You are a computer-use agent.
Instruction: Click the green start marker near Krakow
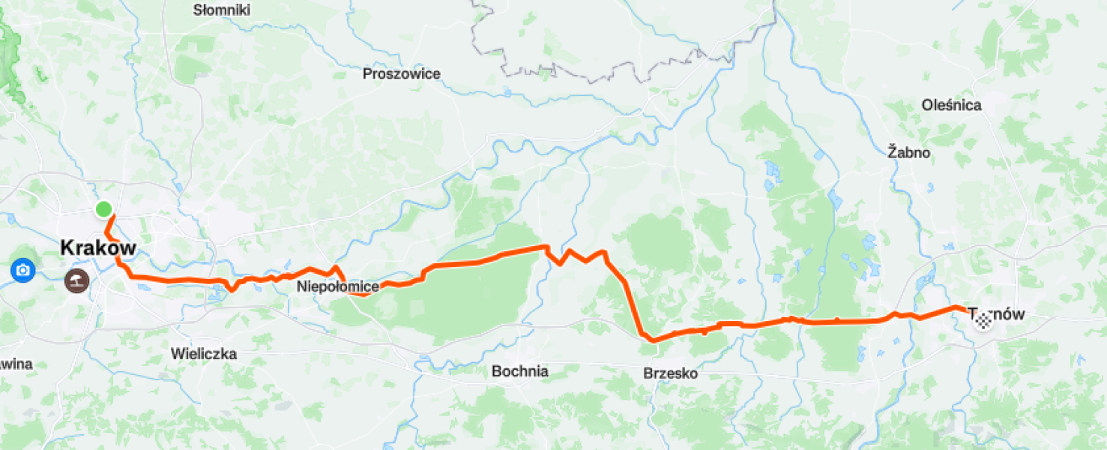[103, 208]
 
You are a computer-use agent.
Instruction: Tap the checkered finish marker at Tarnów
[983, 321]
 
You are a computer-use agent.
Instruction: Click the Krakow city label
[98, 247]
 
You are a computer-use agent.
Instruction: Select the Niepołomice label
[337, 286]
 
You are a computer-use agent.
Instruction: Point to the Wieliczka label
[204, 353]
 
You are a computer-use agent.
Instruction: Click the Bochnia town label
[519, 371]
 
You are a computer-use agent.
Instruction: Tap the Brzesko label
[670, 373]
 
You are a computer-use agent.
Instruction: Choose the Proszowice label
[401, 73]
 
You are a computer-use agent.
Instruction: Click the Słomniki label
[221, 10]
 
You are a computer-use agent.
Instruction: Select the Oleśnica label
[951, 105]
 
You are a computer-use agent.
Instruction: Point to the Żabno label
[908, 152]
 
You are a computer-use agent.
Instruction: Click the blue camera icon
[22, 270]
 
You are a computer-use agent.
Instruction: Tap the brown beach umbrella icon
[76, 281]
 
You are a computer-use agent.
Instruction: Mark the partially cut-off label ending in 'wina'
[15, 364]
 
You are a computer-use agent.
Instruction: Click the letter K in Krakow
[67, 247]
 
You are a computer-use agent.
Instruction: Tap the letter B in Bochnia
[496, 371]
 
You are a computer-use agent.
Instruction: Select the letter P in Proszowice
[367, 73]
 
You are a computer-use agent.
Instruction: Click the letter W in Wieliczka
[177, 353]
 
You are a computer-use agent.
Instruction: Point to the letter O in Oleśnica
[926, 105]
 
